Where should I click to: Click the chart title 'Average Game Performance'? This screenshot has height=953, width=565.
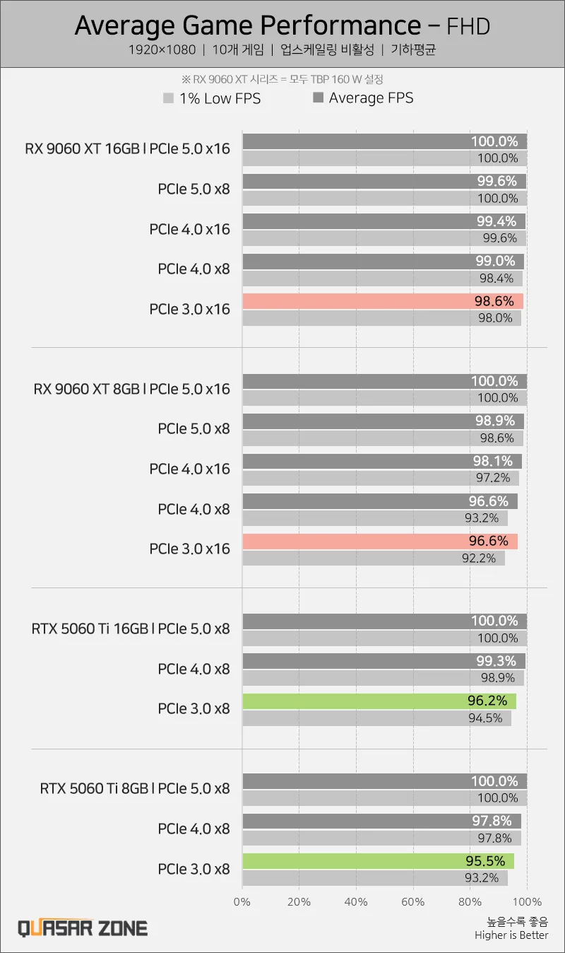tap(247, 25)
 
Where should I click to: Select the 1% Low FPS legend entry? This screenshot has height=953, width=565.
tap(212, 99)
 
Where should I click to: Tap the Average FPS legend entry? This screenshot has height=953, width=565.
tap(363, 98)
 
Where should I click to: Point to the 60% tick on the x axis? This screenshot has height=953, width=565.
tap(412, 902)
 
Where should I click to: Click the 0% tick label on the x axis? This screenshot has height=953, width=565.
tap(242, 902)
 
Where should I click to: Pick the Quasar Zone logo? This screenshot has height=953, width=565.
tap(83, 928)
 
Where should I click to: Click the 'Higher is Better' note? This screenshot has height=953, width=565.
tap(511, 935)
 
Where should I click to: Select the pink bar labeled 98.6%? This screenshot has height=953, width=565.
tap(382, 301)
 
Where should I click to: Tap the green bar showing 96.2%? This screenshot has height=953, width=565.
tap(379, 701)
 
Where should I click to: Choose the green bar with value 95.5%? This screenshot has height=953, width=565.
tap(378, 861)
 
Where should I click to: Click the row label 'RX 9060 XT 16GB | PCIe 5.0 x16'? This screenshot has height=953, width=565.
tap(128, 148)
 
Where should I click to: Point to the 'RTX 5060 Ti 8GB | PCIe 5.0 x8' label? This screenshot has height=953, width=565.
tap(135, 788)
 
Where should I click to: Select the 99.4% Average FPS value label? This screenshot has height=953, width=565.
tap(496, 221)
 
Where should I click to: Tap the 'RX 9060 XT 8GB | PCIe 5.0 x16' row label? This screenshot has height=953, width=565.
tap(132, 389)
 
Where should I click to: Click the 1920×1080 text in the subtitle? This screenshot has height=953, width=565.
tap(162, 50)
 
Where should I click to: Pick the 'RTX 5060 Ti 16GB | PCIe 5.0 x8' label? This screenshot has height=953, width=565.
tap(131, 628)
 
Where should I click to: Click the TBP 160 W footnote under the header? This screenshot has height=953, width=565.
tap(282, 79)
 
